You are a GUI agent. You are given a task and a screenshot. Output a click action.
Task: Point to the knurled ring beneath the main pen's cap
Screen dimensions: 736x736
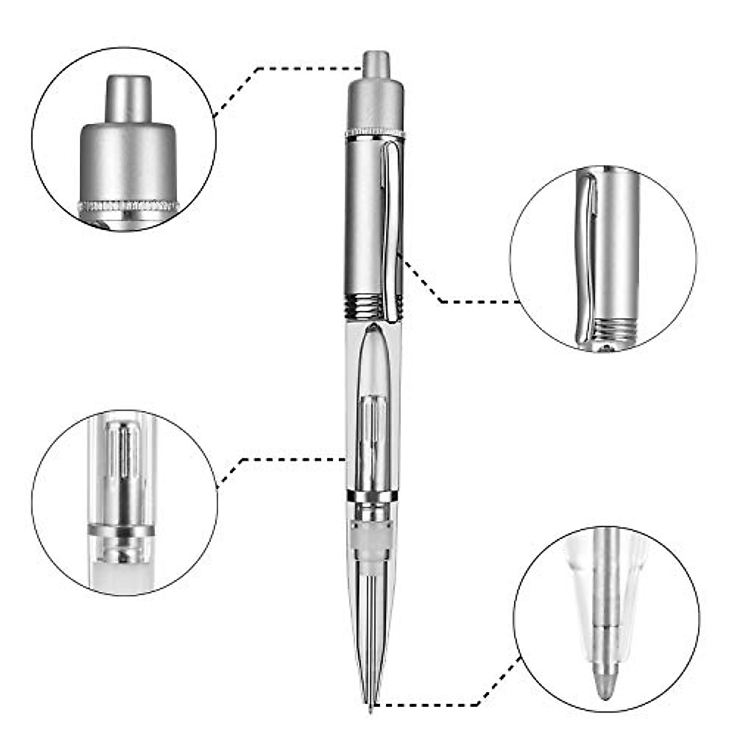pos(375,132)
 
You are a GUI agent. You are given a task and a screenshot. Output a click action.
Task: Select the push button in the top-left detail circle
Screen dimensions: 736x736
pos(128,98)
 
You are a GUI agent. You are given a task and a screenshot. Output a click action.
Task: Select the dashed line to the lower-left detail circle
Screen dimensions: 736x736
pos(288,459)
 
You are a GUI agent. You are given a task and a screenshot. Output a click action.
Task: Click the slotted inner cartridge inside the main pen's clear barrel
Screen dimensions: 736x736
pos(374,429)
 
